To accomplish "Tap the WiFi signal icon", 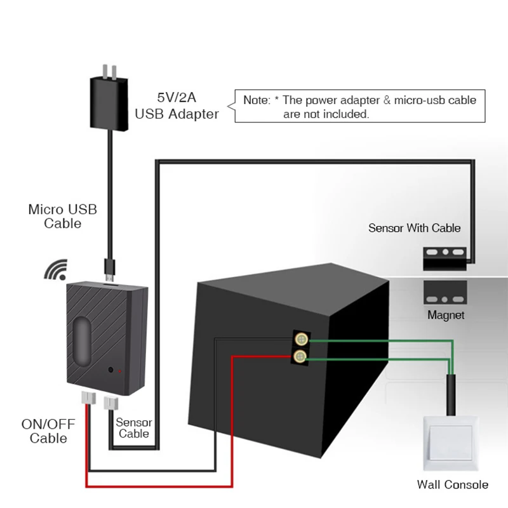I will (57, 269).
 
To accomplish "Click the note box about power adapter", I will (359, 106).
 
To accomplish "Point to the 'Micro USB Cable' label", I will (63, 216).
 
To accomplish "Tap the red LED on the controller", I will (120, 370).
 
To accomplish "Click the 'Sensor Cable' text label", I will (134, 428).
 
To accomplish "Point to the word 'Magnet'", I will (446, 315).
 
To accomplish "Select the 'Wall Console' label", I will (453, 485).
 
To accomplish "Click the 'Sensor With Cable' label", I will (415, 227).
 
